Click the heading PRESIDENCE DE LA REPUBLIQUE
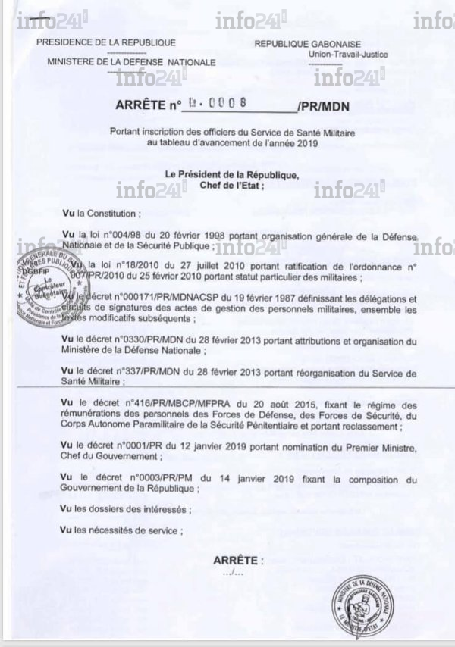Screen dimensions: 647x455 (105, 43)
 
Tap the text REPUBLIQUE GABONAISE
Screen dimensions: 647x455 (307, 45)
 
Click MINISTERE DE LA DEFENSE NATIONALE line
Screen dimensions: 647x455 (130, 62)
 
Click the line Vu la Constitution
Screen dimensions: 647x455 (102, 214)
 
